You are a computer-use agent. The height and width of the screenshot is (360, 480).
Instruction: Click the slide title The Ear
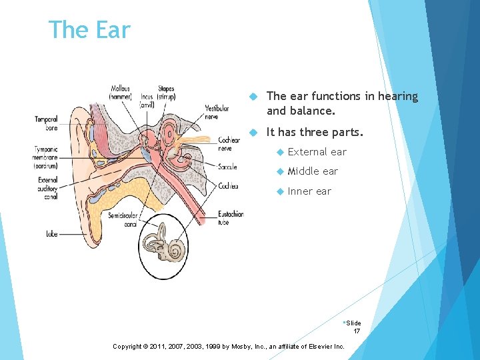(x=89, y=30)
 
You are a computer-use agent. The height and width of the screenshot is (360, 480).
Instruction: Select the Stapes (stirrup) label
(x=166, y=93)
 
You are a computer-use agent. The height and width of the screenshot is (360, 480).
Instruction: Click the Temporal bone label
(x=46, y=123)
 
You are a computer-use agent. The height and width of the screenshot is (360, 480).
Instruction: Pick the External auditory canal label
(x=48, y=187)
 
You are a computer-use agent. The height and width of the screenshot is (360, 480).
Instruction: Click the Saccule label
(x=227, y=167)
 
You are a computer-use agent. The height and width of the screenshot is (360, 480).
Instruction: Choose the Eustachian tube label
(x=231, y=218)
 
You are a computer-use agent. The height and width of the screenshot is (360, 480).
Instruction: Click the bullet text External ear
(x=317, y=152)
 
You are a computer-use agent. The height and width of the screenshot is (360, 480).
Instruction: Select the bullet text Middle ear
(x=313, y=171)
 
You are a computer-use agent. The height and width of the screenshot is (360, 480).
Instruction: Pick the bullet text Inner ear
(x=309, y=191)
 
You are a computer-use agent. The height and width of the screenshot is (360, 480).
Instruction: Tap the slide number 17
(x=357, y=331)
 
